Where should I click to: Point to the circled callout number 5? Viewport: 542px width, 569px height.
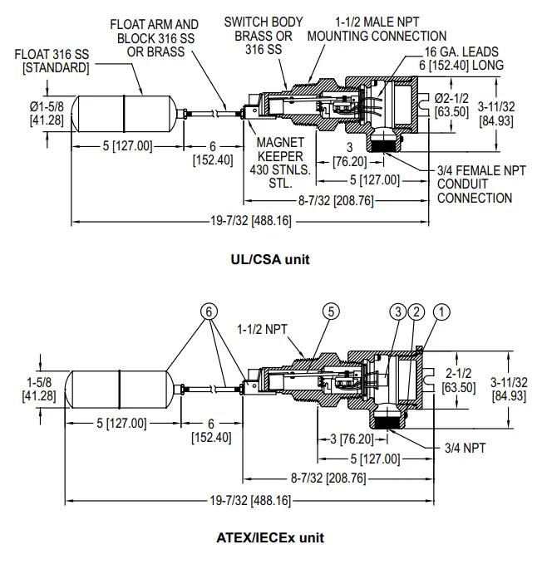click(331, 311)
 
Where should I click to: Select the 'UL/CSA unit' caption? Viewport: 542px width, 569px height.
click(270, 259)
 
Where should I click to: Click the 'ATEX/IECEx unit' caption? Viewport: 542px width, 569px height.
click(270, 537)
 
